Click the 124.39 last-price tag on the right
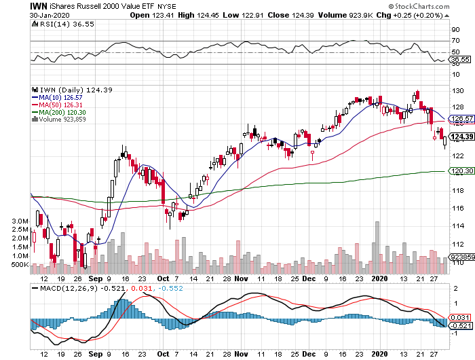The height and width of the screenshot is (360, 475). tap(459, 137)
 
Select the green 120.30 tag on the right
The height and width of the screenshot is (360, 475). tap(459, 171)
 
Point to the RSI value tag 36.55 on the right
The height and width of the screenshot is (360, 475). tap(459, 60)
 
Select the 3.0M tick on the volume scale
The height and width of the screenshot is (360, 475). tap(20, 221)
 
